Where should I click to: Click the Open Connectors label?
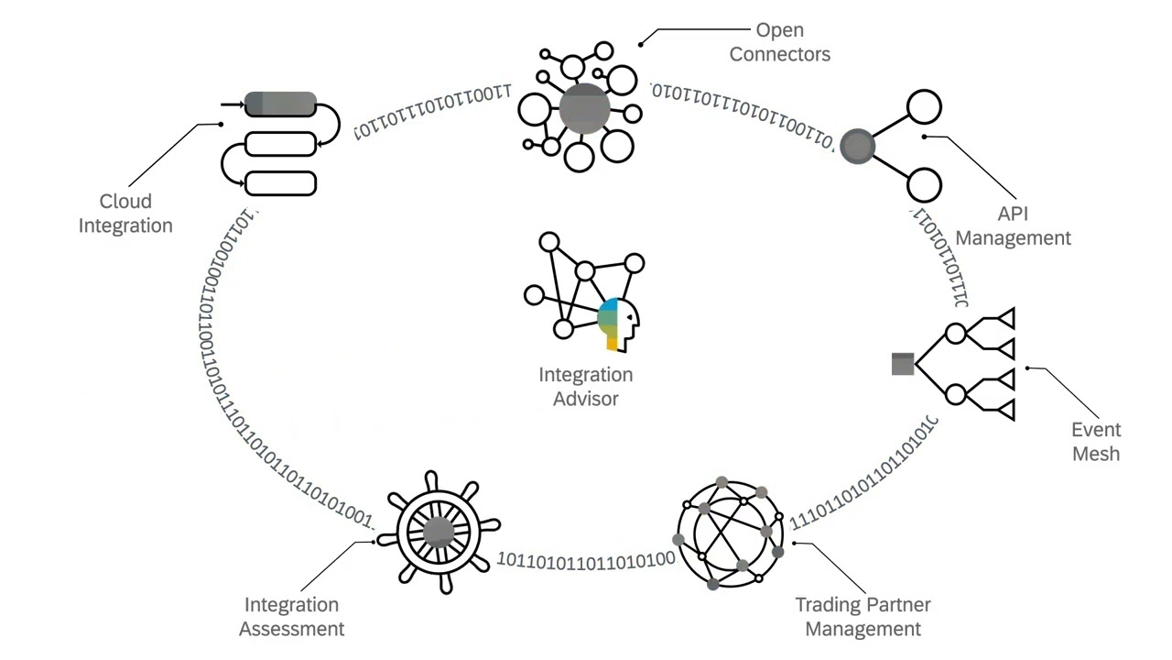(x=779, y=42)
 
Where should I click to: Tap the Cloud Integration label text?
(x=125, y=213)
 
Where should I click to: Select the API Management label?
(x=1013, y=225)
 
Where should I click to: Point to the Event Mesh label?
(x=1096, y=441)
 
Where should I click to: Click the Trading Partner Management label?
(x=863, y=617)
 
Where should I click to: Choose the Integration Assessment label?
(x=291, y=617)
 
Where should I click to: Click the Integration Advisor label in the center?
(x=585, y=386)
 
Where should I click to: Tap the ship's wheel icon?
(x=439, y=533)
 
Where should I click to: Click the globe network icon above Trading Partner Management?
(x=730, y=532)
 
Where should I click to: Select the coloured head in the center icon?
(x=617, y=324)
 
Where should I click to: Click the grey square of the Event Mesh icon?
(x=903, y=364)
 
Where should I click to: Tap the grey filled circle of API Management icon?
(x=857, y=146)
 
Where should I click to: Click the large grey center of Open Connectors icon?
(x=584, y=109)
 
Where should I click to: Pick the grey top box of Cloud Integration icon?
(x=280, y=104)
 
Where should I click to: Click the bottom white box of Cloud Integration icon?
(x=281, y=183)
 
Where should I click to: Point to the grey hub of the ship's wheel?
(x=439, y=533)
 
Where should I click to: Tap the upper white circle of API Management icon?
(x=924, y=106)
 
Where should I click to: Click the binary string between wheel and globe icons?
(x=586, y=558)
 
